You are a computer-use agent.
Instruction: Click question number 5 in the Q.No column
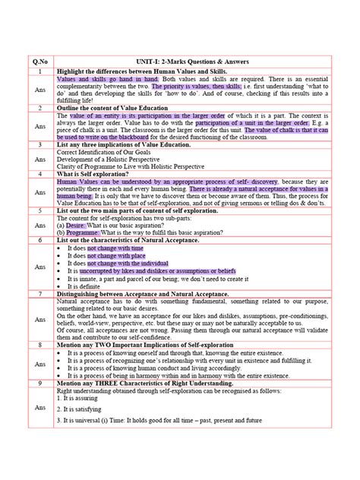(33, 210)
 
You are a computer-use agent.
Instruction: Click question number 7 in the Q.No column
(33, 293)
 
